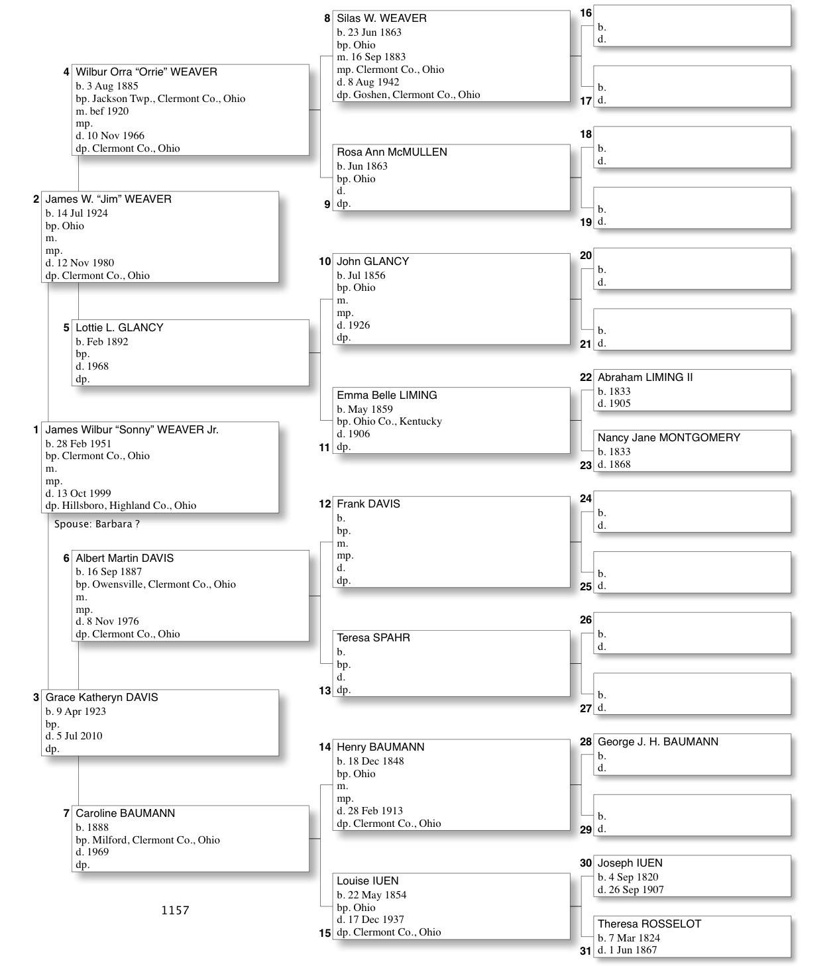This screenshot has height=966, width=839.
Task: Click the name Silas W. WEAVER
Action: [x=381, y=19]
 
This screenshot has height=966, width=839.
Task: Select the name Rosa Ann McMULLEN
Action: [x=392, y=152]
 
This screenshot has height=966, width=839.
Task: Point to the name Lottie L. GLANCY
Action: [x=119, y=328]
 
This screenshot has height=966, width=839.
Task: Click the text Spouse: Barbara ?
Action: [x=97, y=524]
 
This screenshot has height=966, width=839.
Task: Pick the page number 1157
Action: [x=175, y=910]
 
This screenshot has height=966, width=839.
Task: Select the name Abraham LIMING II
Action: [x=645, y=378]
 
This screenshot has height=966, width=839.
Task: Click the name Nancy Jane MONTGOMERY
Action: [x=669, y=438]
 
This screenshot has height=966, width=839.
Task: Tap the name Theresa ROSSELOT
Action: [x=649, y=924]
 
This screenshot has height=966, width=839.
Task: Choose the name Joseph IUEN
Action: [x=630, y=863]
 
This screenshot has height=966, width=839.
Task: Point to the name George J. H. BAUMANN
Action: [x=657, y=742]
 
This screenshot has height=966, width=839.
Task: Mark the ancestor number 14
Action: [x=325, y=747]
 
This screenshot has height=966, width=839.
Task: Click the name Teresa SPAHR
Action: [x=373, y=638]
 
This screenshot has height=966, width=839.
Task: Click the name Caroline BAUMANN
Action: [x=125, y=814]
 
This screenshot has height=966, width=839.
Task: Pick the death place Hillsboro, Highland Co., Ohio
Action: [x=129, y=506]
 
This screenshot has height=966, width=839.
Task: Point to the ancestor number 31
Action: [x=585, y=951]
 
